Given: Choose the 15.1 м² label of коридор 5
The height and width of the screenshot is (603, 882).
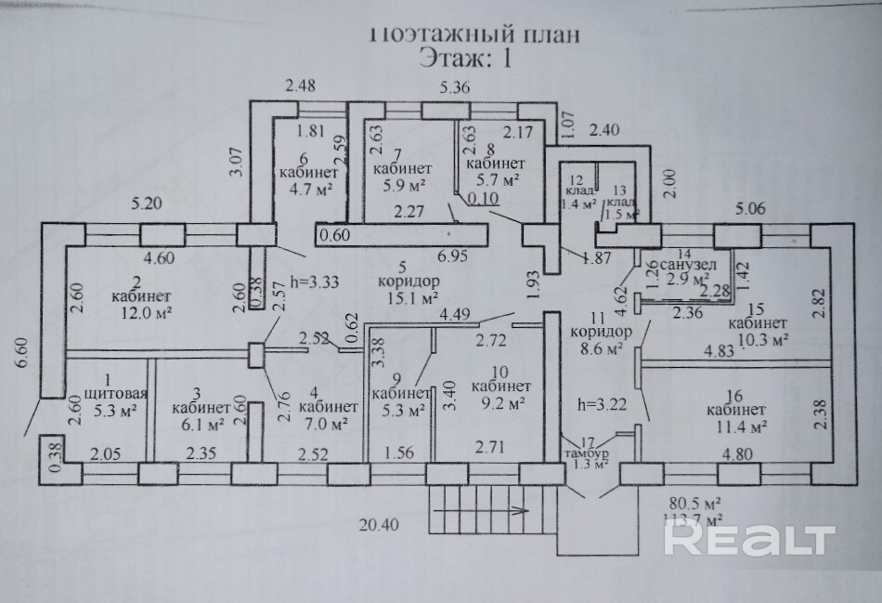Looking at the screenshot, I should coord(411,298).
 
